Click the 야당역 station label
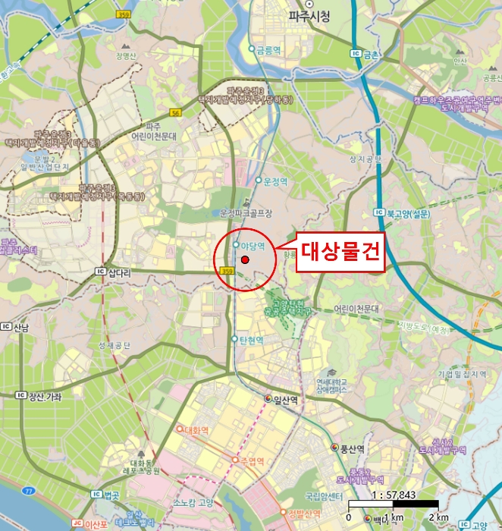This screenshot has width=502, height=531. [252, 246]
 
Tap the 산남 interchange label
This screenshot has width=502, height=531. [20, 328]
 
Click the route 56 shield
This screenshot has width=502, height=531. [177, 112]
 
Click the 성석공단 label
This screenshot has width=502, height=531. [114, 346]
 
